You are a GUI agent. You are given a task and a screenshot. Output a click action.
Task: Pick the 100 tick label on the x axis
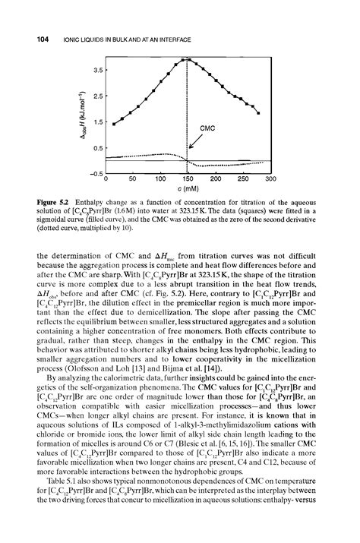tap(160, 180)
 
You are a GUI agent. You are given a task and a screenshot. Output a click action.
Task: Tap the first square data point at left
tap(114, 124)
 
